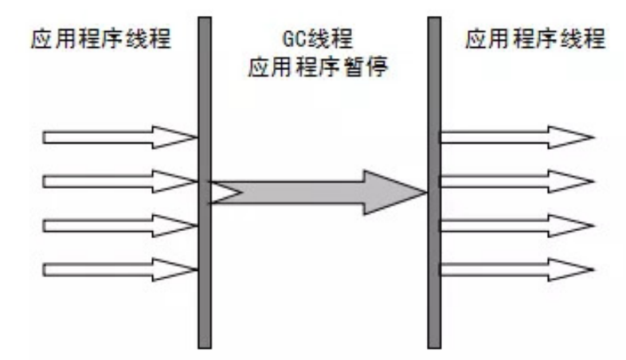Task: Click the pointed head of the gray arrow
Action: [398, 192]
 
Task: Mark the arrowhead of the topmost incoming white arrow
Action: [179, 138]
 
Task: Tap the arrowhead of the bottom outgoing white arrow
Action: [573, 270]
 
